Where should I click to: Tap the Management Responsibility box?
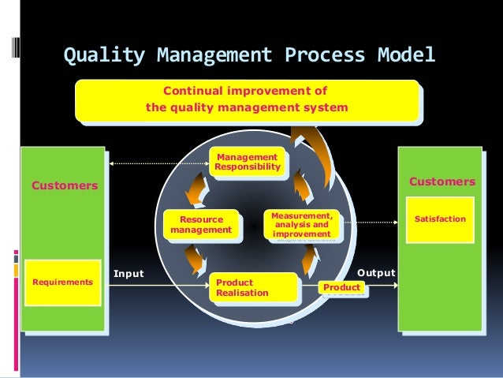[247, 162]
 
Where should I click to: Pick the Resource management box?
[201, 224]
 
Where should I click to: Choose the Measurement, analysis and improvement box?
[302, 224]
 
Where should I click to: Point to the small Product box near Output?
[342, 288]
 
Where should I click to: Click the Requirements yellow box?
[62, 282]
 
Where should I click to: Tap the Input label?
[129, 274]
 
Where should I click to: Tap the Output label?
[375, 272]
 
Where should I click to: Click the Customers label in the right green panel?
[442, 182]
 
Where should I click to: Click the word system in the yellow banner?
[323, 107]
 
